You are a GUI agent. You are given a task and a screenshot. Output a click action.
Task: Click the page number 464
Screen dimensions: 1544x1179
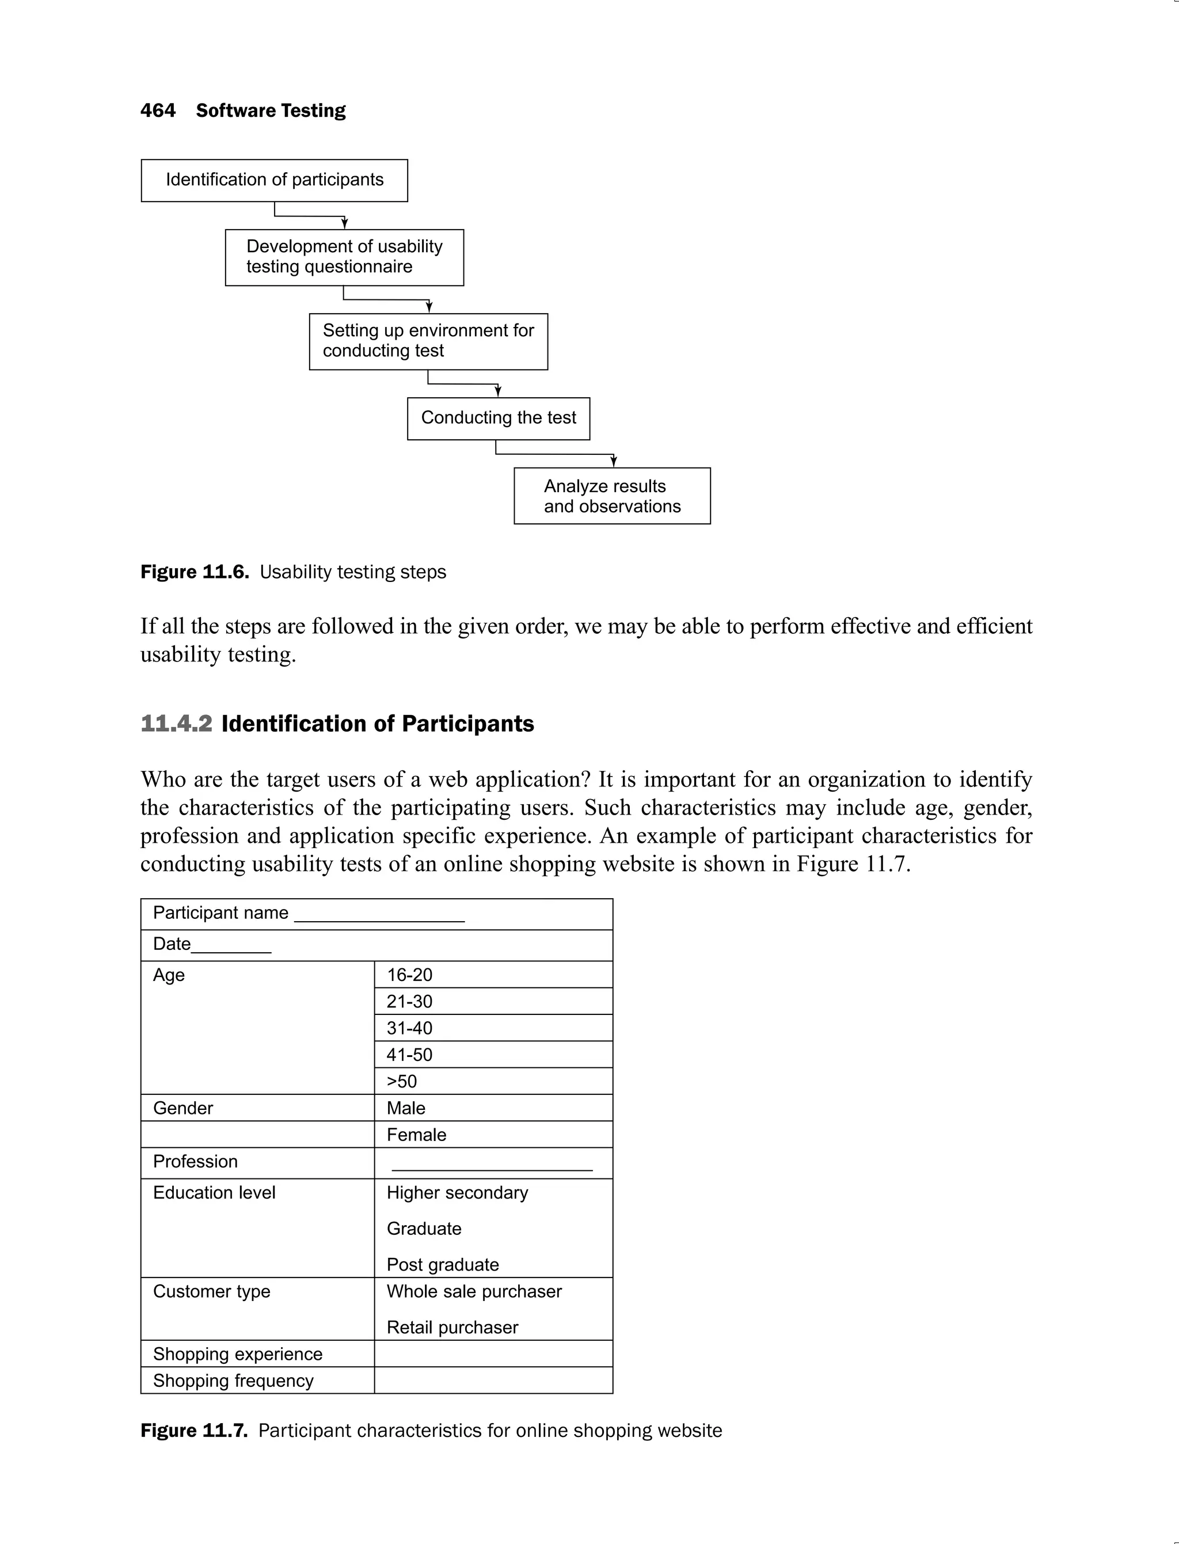pyautogui.click(x=158, y=111)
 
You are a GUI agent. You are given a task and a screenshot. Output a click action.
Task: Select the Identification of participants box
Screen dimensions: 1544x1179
pyautogui.click(x=275, y=180)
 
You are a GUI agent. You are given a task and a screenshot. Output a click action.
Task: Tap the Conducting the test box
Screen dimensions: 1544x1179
pyautogui.click(x=499, y=419)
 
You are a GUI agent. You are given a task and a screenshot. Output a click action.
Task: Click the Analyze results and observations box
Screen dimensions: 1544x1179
pyautogui.click(x=612, y=496)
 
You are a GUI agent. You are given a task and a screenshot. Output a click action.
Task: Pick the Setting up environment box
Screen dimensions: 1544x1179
pyautogui.click(x=428, y=341)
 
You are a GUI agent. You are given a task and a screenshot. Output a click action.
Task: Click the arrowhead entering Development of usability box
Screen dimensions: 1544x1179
pyautogui.click(x=345, y=223)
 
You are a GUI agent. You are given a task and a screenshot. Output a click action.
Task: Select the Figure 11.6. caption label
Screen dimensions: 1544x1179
pyautogui.click(x=195, y=572)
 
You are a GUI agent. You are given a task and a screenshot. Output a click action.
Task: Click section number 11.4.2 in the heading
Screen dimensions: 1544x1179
pyautogui.click(x=176, y=724)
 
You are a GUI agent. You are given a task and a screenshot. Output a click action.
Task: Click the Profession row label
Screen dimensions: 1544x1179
pyautogui.click(x=195, y=1162)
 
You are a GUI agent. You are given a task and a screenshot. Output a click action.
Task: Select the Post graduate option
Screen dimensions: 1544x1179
pyautogui.click(x=443, y=1265)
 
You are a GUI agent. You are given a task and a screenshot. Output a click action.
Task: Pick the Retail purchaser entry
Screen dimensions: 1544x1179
pyautogui.click(x=452, y=1327)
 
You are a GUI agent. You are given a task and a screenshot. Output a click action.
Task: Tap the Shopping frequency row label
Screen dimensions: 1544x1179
pyautogui.click(x=233, y=1381)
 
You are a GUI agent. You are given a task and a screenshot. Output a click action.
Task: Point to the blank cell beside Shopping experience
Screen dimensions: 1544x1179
pyautogui.click(x=493, y=1354)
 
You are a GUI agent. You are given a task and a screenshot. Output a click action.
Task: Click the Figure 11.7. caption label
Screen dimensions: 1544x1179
pyautogui.click(x=193, y=1431)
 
